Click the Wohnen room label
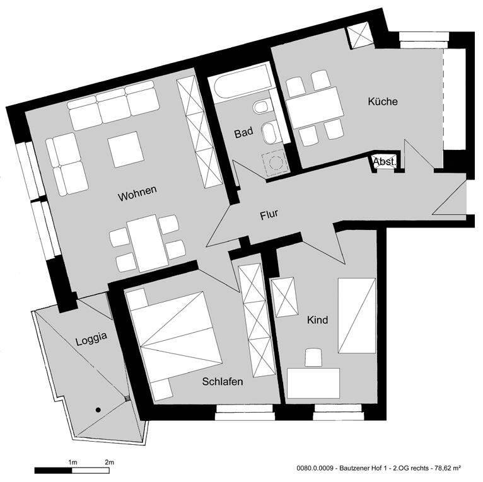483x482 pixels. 136,195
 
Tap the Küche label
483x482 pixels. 383,101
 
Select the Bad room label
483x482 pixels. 243,133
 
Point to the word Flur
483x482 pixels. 269,215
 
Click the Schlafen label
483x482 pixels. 223,381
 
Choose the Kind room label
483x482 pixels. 317,320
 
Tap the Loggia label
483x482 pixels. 91,336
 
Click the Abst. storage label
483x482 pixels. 385,162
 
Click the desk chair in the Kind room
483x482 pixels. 313,358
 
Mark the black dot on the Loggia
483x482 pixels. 98,410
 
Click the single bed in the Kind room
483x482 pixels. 356,316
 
